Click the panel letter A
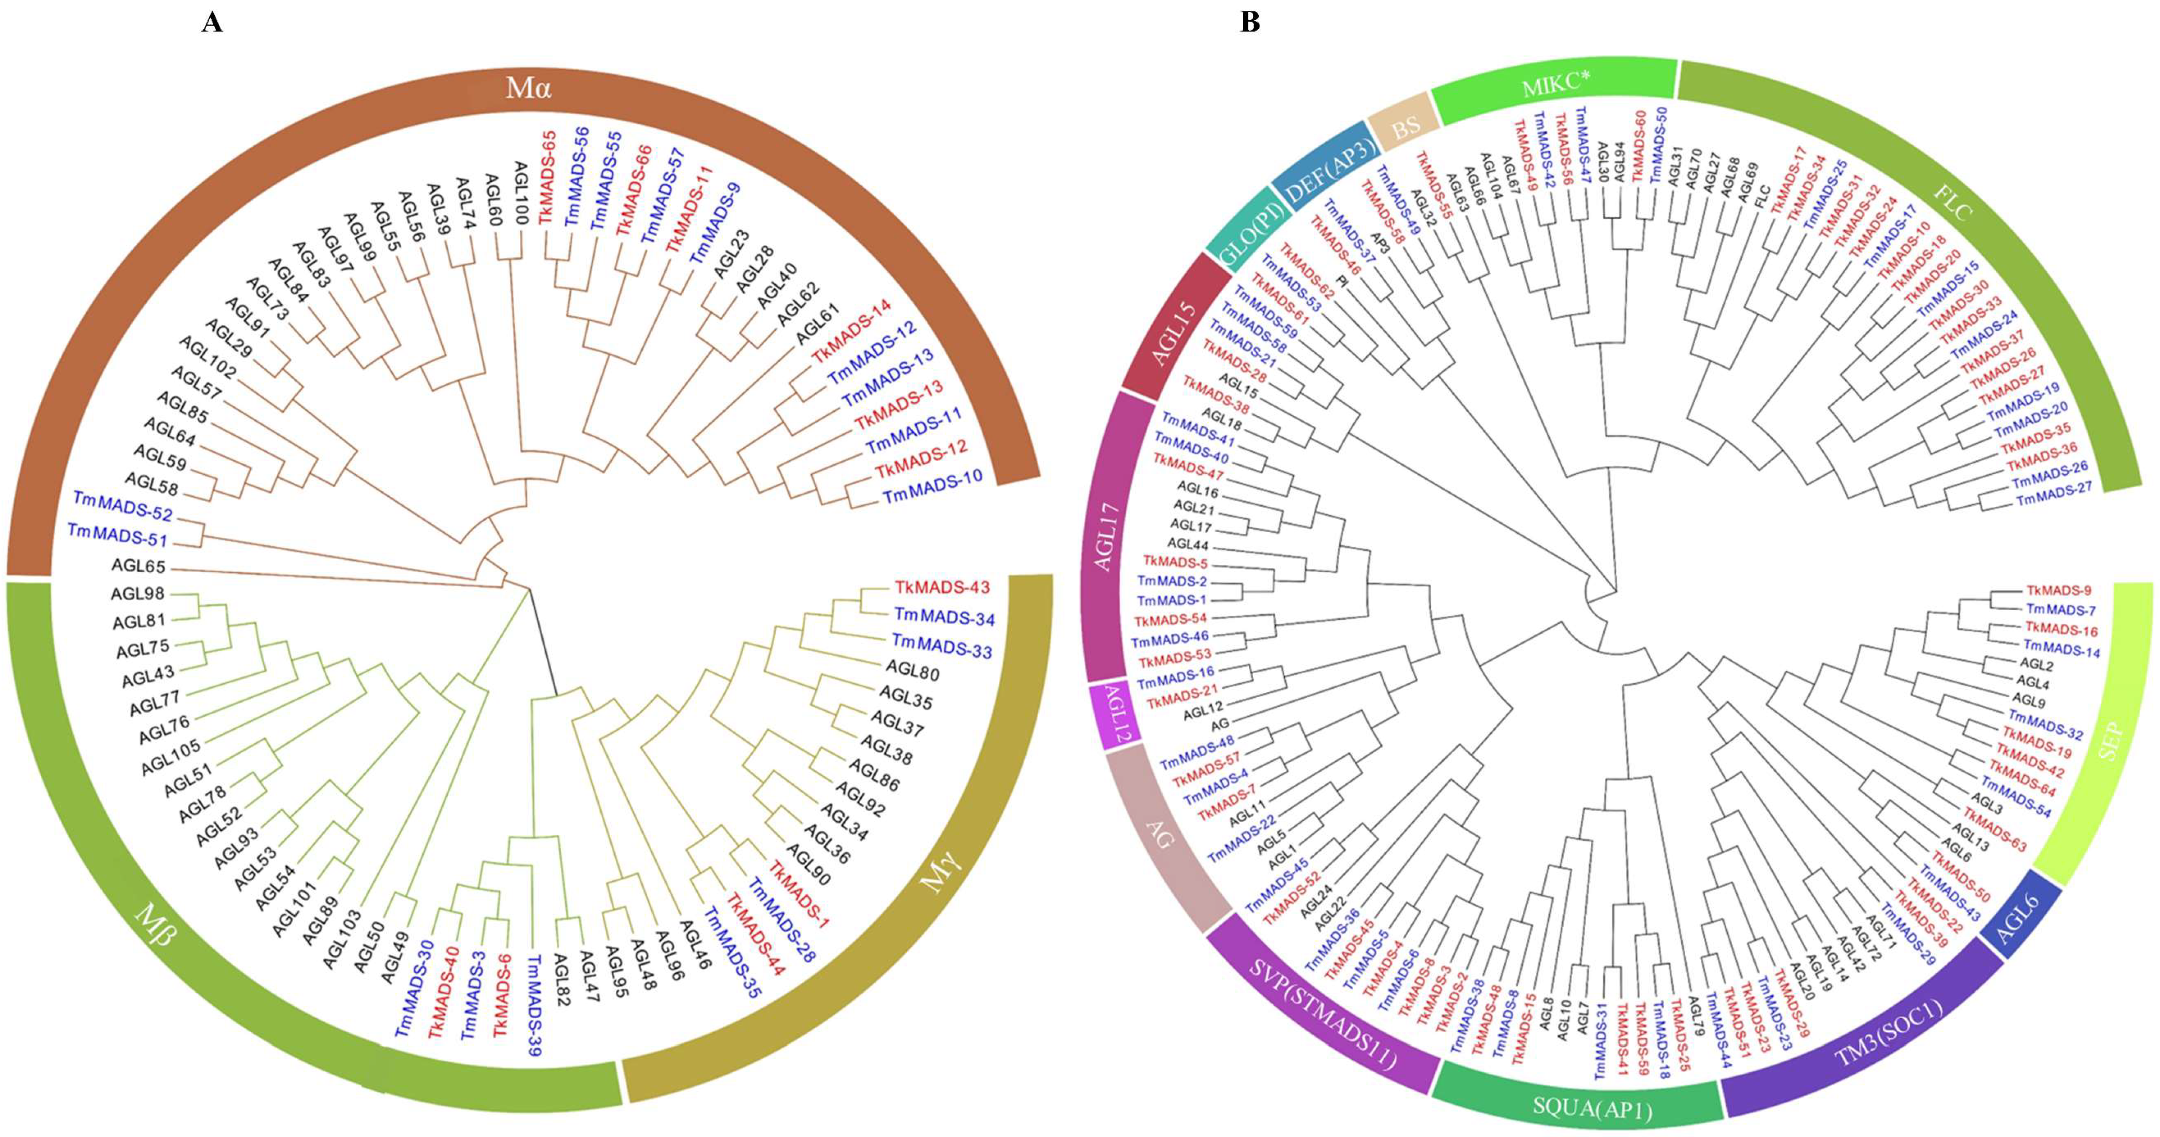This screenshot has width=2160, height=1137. point(212,23)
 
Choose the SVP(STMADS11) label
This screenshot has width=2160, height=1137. point(1323,1015)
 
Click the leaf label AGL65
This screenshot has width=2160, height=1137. point(139,566)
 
